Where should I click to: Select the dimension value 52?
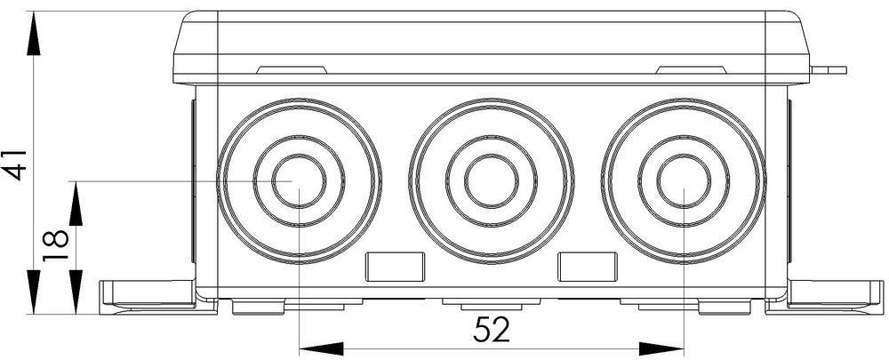(491, 330)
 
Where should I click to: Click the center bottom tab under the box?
(491, 306)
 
